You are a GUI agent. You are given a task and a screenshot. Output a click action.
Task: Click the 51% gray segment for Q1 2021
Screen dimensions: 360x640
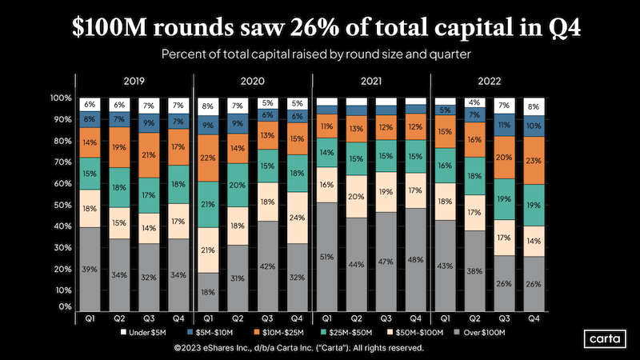[326, 257]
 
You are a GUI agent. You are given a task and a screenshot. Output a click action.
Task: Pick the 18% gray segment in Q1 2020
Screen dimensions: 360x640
[208, 292]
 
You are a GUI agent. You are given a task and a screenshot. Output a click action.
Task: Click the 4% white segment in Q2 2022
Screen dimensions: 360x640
[474, 102]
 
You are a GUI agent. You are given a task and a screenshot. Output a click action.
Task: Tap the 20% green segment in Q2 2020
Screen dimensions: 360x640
[238, 185]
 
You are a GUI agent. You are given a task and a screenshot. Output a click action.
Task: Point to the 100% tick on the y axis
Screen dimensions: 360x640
[61, 98]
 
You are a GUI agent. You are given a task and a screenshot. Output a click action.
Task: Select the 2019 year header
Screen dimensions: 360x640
[134, 82]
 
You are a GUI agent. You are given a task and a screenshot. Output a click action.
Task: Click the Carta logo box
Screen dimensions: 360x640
[599, 338]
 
